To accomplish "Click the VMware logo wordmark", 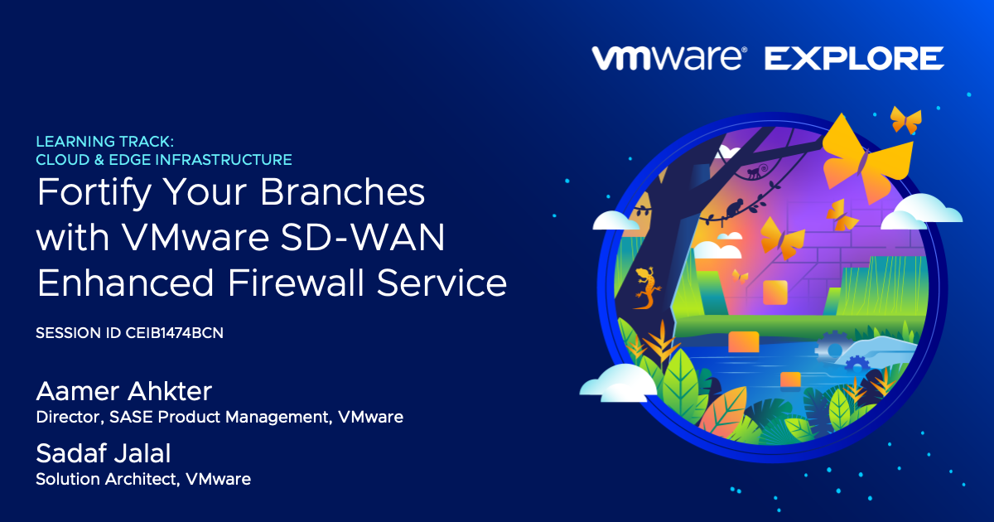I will (668, 58).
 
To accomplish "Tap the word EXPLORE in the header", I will (853, 58).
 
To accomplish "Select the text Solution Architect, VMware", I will (143, 479).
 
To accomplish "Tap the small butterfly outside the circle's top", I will (905, 120).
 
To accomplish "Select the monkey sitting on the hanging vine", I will (732, 210).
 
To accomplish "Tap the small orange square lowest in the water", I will (790, 379).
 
